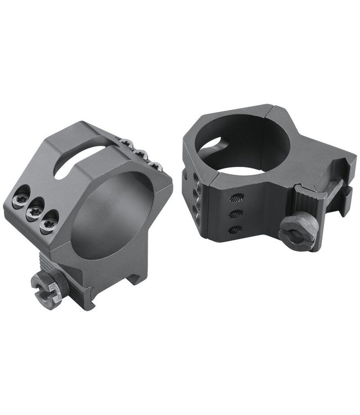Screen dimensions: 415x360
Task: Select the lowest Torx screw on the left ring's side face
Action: point(49,219)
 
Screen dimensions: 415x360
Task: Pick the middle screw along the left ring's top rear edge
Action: point(141,155)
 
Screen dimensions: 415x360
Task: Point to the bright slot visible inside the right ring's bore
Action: point(211,145)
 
